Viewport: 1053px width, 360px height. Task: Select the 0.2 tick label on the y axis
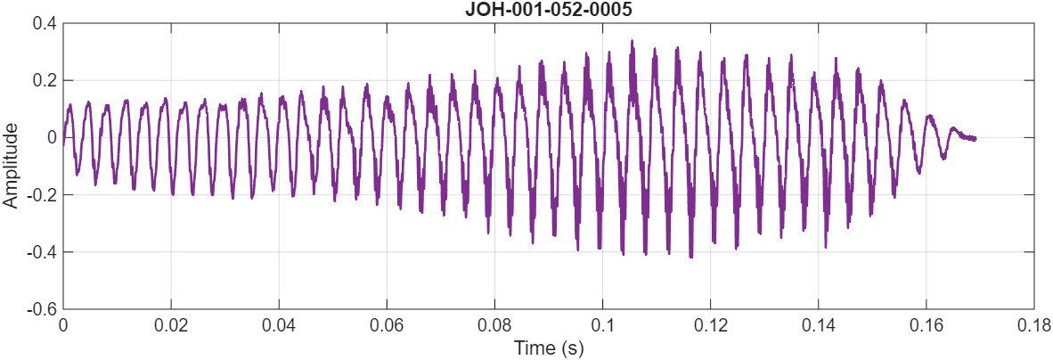tap(45, 80)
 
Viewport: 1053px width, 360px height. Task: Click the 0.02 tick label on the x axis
tap(171, 324)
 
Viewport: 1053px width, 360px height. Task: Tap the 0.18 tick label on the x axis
tap(1033, 324)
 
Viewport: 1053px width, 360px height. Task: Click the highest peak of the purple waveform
tap(632, 41)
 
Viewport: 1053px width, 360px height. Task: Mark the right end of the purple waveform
tap(975, 138)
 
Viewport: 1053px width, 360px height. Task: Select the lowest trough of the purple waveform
tap(690, 257)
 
